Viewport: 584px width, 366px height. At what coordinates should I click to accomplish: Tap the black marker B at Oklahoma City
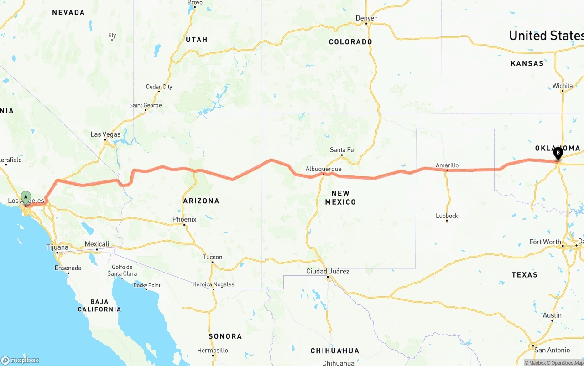click(x=558, y=153)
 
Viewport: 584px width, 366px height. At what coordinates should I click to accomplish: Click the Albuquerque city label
click(x=323, y=169)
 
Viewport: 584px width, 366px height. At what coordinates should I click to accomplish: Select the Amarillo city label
click(x=447, y=165)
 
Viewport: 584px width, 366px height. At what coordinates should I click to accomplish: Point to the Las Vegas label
click(x=105, y=134)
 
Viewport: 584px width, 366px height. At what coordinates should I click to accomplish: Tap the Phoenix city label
click(x=184, y=219)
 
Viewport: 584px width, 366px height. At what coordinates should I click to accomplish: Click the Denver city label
click(x=366, y=18)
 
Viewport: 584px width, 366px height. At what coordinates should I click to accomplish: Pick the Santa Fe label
click(x=342, y=150)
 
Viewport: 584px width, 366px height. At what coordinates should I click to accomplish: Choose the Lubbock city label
click(x=447, y=216)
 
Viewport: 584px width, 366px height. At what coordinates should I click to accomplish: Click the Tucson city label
click(x=212, y=257)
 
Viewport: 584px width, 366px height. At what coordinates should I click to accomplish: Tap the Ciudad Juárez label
click(x=328, y=272)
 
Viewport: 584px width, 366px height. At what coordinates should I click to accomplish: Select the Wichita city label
click(x=562, y=86)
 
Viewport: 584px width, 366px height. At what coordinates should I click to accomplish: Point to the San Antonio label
click(x=552, y=350)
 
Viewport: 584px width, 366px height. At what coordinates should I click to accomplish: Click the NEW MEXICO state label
click(x=340, y=197)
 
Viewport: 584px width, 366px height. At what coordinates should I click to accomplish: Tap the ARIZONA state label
click(x=201, y=201)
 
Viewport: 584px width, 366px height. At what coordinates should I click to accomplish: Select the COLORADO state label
click(x=350, y=42)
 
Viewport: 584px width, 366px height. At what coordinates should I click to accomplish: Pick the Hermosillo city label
click(x=213, y=351)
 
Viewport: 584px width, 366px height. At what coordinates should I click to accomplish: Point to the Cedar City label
click(x=159, y=87)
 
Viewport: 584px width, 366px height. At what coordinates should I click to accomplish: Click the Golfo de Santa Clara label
click(x=122, y=270)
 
